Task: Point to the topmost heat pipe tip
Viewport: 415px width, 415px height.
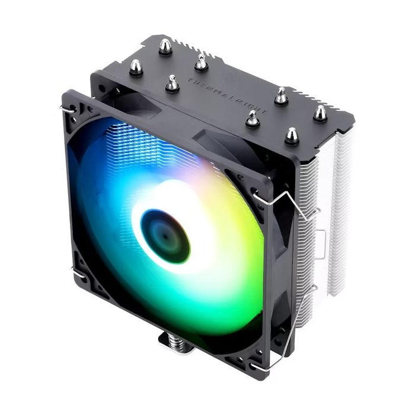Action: (x=165, y=46)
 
